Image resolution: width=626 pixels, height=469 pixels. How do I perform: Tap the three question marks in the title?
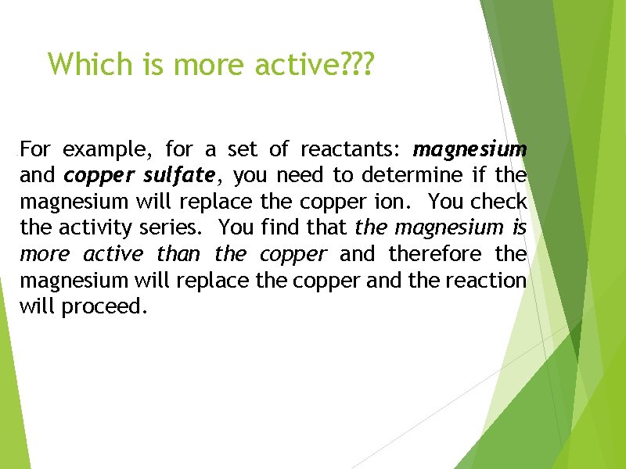pyautogui.click(x=358, y=65)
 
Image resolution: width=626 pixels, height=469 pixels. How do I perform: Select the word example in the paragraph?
pyautogui.click(x=109, y=148)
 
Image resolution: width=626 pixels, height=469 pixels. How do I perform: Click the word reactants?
pyautogui.click(x=351, y=148)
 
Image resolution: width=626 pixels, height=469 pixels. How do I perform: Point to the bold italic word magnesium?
pyautogui.click(x=470, y=149)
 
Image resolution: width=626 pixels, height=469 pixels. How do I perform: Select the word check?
pyautogui.click(x=498, y=201)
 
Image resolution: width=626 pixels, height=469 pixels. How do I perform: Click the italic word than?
pyautogui.click(x=178, y=254)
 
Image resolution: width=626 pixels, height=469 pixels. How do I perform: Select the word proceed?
pyautogui.click(x=105, y=307)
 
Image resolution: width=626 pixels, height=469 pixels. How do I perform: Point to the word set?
pyautogui.click(x=237, y=148)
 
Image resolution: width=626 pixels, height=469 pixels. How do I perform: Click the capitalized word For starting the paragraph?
pyautogui.click(x=35, y=148)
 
